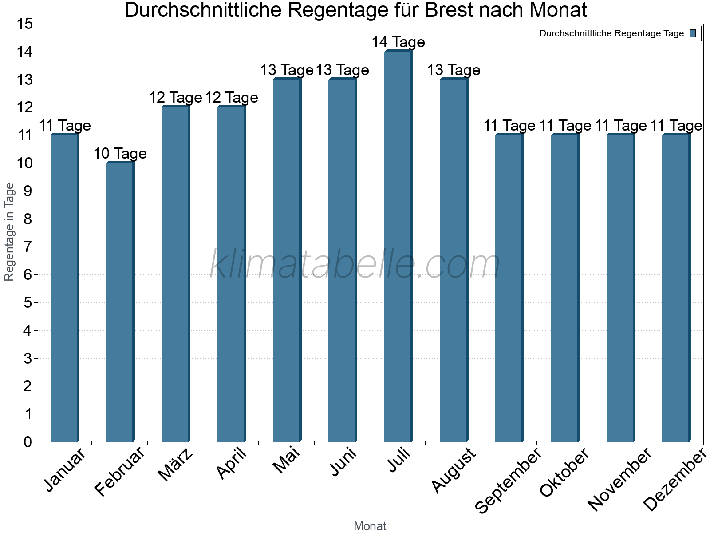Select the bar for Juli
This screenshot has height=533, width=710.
tap(398, 247)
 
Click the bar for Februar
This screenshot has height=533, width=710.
tap(120, 302)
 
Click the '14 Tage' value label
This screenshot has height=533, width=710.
tap(398, 42)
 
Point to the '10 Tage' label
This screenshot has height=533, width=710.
tap(120, 154)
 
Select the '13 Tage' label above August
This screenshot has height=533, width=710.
tap(454, 70)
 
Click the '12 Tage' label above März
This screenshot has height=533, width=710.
tap(175, 98)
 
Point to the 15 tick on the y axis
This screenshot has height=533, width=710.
tap(24, 24)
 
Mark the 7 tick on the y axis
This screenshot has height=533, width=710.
tap(28, 247)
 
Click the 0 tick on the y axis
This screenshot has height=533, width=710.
tap(28, 442)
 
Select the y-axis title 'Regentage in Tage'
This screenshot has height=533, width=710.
tap(10, 232)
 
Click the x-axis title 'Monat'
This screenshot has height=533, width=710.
tap(370, 526)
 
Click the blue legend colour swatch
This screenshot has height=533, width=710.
tap(693, 33)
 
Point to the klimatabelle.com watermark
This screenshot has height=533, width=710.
tap(355, 265)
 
